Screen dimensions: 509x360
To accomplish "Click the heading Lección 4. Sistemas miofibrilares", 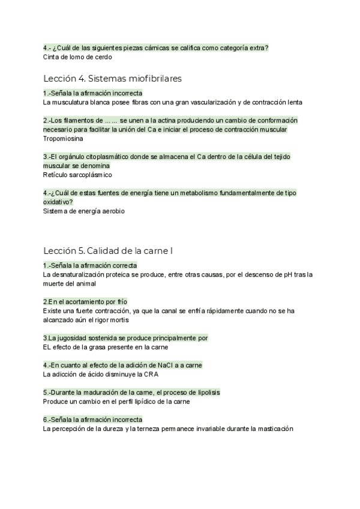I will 112,79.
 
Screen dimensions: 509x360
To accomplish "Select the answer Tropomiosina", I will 63,139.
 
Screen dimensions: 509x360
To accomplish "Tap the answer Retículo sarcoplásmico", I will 77,175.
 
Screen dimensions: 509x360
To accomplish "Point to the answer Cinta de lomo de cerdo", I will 77,57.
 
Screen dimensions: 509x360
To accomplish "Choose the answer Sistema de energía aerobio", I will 83,211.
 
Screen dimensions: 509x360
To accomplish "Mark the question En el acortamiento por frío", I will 85,301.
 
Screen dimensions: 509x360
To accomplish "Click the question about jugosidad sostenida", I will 125,338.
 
